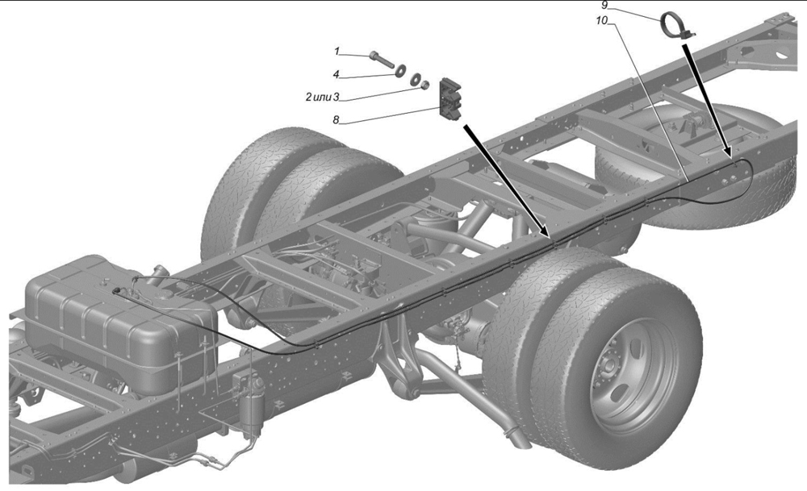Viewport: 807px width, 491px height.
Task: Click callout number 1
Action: point(337,51)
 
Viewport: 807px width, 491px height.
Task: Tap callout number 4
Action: point(336,74)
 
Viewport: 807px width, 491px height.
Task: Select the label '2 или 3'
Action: point(322,97)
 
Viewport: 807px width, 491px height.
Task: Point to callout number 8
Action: point(336,120)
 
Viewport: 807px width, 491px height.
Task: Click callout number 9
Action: point(604,5)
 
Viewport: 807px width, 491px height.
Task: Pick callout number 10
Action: point(602,21)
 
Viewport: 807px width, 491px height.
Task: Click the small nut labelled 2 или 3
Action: point(424,85)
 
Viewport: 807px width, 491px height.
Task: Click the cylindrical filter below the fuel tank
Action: point(252,402)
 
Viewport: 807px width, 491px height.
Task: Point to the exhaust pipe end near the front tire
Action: point(516,439)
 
